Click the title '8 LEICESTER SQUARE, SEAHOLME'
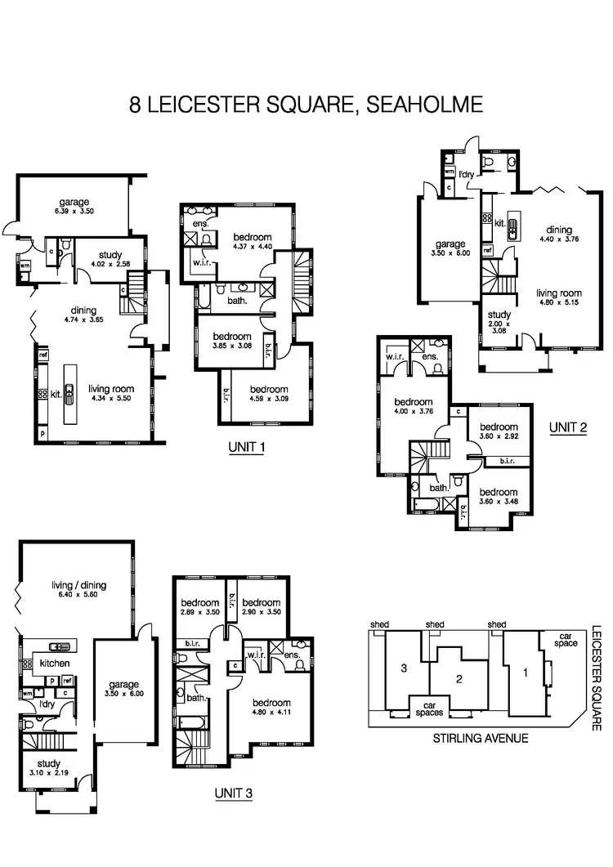(x=306, y=105)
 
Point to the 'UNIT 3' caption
(x=235, y=792)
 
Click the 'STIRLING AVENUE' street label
(x=480, y=738)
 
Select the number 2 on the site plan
(x=459, y=677)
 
